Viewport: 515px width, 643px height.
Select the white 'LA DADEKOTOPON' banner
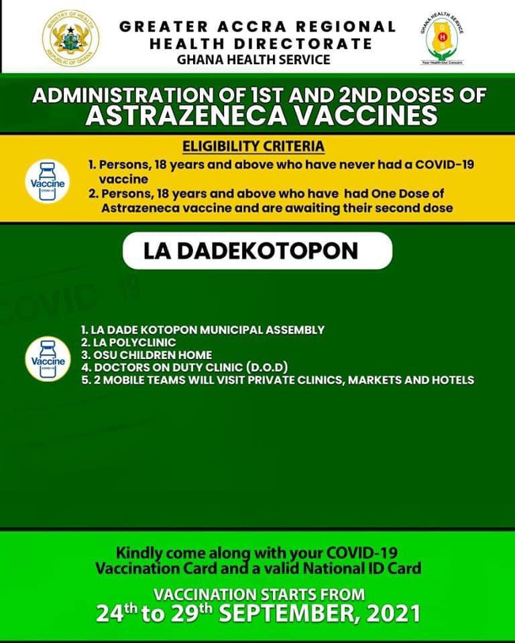257,251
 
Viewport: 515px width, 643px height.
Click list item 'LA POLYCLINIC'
119,342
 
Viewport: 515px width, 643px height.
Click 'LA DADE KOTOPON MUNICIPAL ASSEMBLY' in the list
202,330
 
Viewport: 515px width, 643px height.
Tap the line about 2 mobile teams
277,380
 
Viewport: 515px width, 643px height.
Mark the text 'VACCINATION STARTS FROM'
260,594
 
